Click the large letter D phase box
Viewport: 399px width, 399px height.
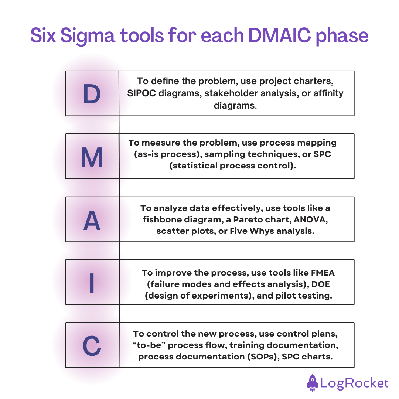pos(92,93)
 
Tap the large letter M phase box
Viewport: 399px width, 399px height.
pos(92,157)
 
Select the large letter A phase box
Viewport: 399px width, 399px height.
pos(92,219)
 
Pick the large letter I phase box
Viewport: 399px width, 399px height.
pos(92,282)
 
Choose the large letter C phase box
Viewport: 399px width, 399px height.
pos(92,345)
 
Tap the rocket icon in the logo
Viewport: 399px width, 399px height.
pos(312,382)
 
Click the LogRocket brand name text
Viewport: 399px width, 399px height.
pos(354,383)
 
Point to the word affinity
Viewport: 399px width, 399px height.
pos(327,93)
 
